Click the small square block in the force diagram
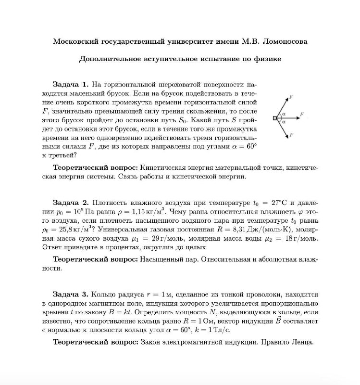click(x=274, y=117)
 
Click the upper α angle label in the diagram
click(x=284, y=113)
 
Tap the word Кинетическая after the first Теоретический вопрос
click(x=164, y=167)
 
